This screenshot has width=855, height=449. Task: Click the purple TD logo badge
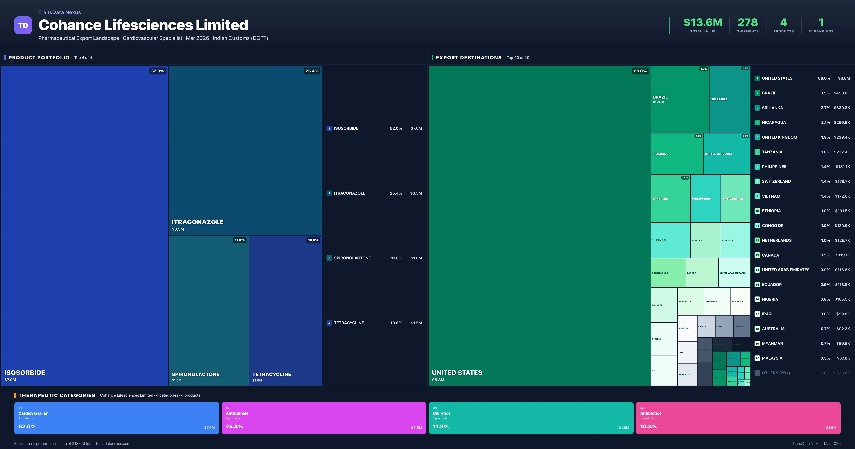pos(23,25)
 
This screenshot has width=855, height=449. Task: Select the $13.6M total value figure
pos(703,23)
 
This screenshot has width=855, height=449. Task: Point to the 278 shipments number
pos(747,23)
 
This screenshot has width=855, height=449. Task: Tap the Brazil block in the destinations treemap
pos(680,99)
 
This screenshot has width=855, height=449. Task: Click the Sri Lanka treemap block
pos(730,99)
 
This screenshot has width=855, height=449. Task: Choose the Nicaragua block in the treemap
pos(677,154)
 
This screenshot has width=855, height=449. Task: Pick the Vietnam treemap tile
pos(670,240)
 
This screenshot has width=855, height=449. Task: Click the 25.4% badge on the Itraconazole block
pos(312,71)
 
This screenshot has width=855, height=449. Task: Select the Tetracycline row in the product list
pos(349,323)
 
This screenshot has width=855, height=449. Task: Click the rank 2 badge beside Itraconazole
pos(329,193)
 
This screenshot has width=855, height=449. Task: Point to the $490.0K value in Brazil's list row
pos(842,93)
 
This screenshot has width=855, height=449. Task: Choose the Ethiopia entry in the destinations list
pos(771,211)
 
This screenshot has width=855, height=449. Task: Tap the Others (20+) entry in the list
pos(776,373)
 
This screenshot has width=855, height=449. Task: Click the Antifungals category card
pos(324,418)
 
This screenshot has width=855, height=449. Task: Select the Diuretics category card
pos(531,418)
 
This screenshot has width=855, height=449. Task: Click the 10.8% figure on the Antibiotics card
pos(648,426)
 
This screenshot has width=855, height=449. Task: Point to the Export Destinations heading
pos(468,58)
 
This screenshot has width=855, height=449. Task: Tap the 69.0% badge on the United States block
pos(640,71)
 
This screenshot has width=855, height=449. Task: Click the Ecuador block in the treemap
pos(664,305)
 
